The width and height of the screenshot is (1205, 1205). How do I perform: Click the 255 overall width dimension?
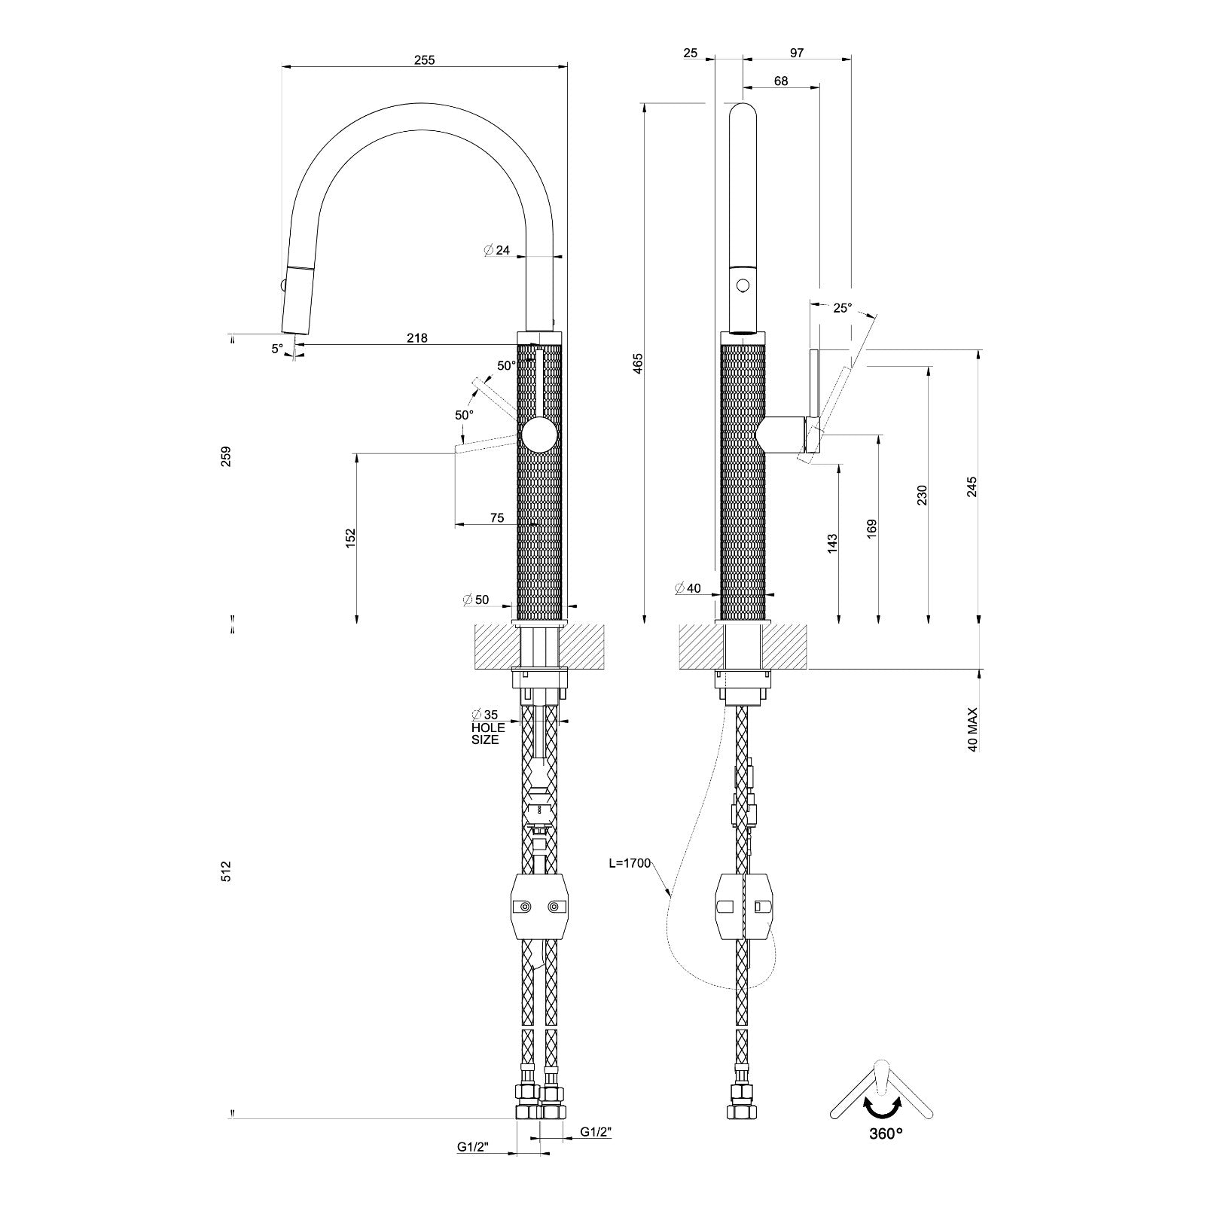424,60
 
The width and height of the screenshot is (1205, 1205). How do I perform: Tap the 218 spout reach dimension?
416,338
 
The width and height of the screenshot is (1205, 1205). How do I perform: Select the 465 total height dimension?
638,363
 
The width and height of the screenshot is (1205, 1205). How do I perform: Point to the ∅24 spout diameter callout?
497,250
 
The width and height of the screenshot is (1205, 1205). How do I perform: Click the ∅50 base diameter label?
476,600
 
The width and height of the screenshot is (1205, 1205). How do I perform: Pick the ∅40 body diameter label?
688,588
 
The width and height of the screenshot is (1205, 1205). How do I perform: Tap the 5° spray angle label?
278,349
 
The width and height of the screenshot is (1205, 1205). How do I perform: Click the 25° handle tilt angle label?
842,308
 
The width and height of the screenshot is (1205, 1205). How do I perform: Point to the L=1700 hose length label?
629,863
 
